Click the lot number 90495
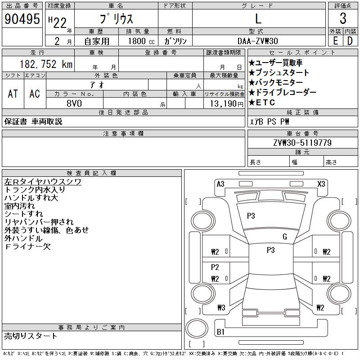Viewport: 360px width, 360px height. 21,19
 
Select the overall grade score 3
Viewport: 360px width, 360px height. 343,19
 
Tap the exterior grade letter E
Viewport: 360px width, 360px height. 335,40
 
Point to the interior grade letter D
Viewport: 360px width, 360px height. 350,40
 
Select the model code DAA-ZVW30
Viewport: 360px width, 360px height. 258,41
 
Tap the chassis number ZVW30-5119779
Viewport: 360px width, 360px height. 302,143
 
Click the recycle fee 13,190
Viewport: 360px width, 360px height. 223,103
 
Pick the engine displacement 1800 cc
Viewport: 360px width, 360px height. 139,41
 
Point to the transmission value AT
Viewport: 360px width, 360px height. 13,94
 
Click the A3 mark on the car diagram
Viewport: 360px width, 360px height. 220,184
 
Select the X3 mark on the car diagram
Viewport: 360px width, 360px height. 321,184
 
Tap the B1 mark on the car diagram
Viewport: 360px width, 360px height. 220,332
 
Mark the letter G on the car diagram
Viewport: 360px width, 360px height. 285,237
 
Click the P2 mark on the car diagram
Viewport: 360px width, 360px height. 215,267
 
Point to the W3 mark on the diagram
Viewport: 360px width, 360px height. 221,308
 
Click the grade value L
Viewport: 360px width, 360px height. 258,19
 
